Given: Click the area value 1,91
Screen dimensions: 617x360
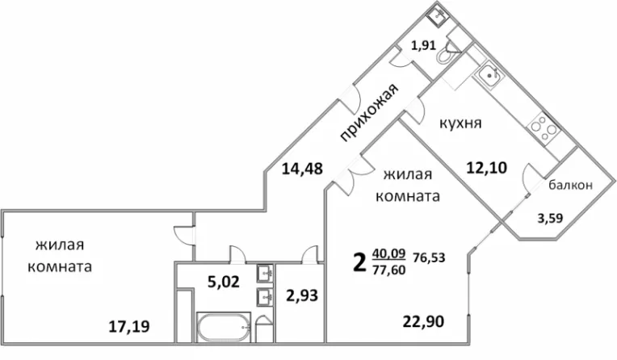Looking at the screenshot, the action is pos(423,46).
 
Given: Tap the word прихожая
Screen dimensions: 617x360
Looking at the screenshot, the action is pos(369,111).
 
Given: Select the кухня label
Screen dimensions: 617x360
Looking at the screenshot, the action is pos(460,123).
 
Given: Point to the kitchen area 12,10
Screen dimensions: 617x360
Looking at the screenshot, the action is pos(487,168).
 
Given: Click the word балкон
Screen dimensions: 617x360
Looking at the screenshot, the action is pos(570,185).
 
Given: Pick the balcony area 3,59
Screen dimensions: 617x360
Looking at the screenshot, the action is pos(551,218).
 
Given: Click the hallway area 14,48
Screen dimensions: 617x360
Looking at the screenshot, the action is pos(302,170).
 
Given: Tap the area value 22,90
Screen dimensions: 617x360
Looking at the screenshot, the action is pos(423,322).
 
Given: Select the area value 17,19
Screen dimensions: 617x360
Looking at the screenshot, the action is pos(129,326).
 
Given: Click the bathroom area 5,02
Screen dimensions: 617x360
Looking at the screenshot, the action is pos(224,282).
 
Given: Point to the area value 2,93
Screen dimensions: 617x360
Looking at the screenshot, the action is pos(302,295).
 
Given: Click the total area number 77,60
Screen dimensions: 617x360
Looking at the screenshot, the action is pos(388,270).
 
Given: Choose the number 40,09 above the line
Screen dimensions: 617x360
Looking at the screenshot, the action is pos(388,253).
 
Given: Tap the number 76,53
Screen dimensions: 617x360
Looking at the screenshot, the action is pos(429,257).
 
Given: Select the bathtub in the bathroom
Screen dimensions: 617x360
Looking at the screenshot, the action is pos(224,328).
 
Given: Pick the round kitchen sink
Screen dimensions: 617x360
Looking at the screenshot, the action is pos(489,74).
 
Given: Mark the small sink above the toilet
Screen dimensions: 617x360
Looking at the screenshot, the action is pos(437,15).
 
